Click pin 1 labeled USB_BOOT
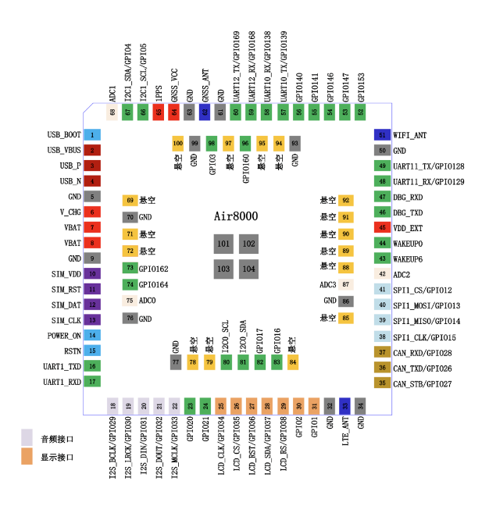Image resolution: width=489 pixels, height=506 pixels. tap(92, 135)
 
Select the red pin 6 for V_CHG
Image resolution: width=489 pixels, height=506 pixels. tap(92, 212)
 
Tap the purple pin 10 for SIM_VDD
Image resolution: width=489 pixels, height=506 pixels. tap(92, 273)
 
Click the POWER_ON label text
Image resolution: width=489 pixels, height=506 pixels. tap(62, 335)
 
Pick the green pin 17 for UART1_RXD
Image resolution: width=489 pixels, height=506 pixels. tap(92, 381)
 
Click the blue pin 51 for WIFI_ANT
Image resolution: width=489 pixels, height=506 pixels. tap(382, 135)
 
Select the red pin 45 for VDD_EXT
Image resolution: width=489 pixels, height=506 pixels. tap(382, 227)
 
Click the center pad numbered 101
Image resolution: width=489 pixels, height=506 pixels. tap(224, 244)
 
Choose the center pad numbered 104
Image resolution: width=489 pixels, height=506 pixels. tap(248, 269)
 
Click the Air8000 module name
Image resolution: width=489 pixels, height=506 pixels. tap(237, 216)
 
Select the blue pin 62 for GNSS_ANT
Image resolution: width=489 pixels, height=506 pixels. tap(205, 112)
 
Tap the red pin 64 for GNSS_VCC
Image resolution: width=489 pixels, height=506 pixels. tap(173, 112)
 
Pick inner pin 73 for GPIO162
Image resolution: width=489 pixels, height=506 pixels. tap(130, 268)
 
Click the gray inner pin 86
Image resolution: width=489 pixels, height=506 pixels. tap(346, 301)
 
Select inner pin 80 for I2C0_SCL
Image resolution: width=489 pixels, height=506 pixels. tap(227, 362)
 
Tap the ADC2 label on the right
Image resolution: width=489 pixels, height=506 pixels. tap(402, 274)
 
